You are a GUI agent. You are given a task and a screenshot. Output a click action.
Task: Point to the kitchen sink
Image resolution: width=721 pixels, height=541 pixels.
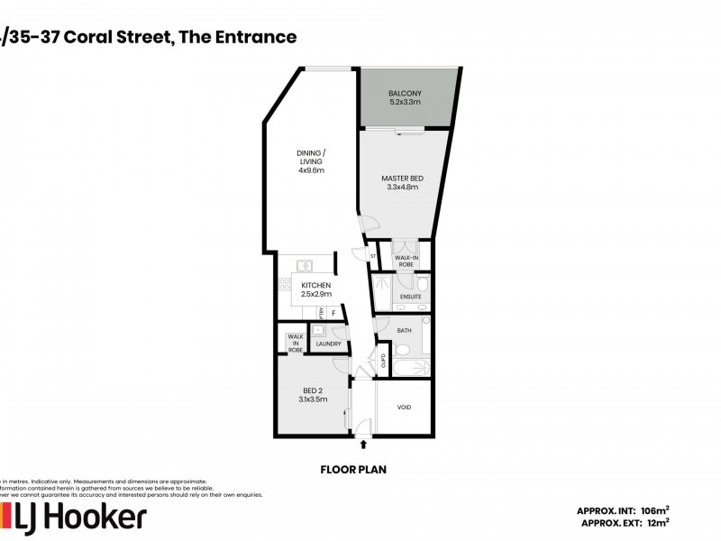tap(305, 266)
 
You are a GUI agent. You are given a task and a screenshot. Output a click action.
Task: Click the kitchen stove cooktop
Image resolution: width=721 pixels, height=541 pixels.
tap(284, 285)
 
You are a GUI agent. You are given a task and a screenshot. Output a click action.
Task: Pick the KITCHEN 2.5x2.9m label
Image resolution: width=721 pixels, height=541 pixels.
tap(316, 289)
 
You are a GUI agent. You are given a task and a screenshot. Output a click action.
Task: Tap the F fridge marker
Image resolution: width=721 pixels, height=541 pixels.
tap(334, 313)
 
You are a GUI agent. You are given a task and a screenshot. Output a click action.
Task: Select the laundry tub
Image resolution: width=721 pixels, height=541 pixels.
tap(319, 331)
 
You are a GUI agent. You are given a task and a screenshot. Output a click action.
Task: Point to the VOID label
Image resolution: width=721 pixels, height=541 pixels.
tap(405, 408)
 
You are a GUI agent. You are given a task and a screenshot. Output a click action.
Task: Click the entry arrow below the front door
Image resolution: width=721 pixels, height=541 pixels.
tap(363, 444)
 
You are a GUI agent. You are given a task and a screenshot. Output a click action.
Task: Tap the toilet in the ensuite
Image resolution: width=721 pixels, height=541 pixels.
tap(422, 286)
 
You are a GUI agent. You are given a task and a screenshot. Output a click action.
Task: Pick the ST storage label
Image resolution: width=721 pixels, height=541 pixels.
tap(372, 257)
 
